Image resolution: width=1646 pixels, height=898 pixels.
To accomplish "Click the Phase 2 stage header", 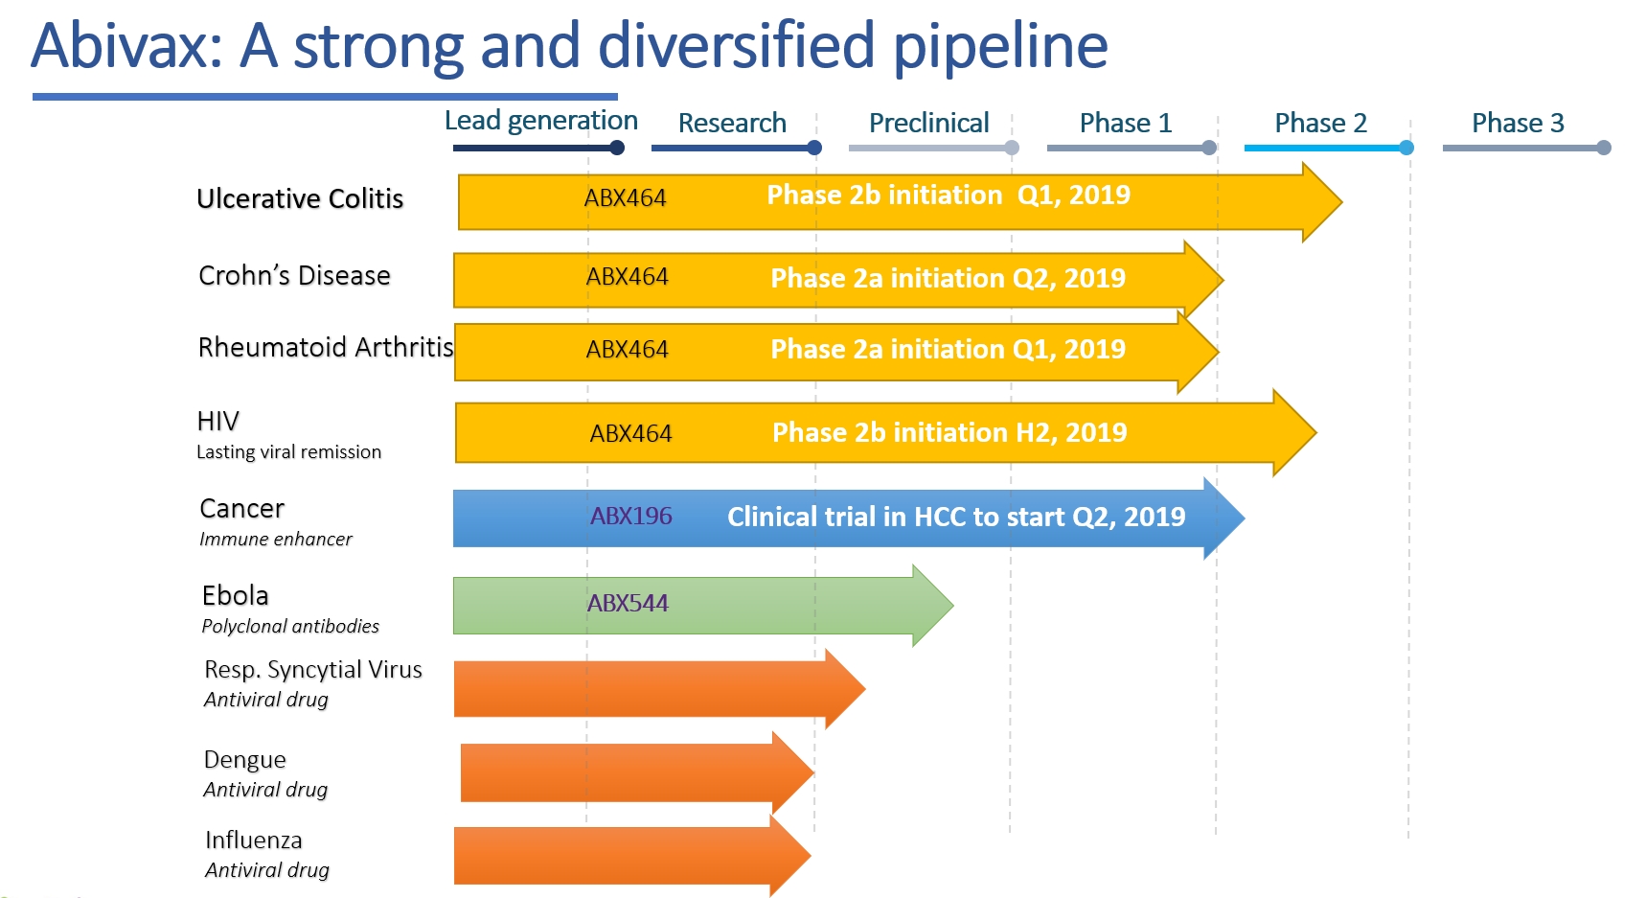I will point(1320,123).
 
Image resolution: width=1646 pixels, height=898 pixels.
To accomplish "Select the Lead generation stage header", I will point(540,121).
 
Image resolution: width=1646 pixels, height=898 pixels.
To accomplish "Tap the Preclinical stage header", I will point(928,123).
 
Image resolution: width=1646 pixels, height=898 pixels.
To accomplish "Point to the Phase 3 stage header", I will point(1518,123).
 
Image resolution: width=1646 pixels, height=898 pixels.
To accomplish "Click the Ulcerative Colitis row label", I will point(300,198).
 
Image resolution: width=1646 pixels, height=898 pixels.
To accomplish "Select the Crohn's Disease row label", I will point(294,276).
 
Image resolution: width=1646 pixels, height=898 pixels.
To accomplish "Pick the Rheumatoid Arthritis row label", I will point(325,347).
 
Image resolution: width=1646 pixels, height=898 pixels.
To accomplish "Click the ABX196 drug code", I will point(630,517).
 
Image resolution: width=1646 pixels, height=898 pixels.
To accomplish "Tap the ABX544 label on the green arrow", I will point(628,604).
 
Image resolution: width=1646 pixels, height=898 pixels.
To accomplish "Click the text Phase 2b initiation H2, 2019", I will point(949,433).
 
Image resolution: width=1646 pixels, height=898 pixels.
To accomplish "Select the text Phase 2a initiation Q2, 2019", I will point(948,279).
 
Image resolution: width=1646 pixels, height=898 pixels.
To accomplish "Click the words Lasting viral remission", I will point(288,452).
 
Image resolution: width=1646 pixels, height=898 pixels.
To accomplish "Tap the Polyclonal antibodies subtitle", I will point(290,627).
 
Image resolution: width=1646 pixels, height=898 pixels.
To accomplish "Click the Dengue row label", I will point(244,760).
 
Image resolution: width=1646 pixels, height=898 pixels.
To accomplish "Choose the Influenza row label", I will point(253,840).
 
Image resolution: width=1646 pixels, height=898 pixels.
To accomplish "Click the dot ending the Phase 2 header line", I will point(1406,148).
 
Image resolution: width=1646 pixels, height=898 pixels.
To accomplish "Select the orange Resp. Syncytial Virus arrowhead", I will point(847,688).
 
